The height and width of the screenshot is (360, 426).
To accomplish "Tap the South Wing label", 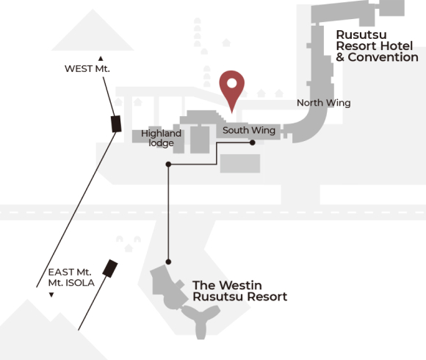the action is pos(249,131).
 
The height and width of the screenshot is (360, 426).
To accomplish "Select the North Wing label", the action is pos(324,103).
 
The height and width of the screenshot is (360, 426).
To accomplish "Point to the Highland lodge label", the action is pos(161,138).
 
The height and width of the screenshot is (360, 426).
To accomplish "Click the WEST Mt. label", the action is pos(87,69).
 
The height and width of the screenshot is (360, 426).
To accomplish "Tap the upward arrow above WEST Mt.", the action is pos(101,59).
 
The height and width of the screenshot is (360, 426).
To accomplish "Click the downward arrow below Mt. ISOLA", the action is pos(51,295).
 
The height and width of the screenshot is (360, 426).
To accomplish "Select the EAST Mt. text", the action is pos(70,272).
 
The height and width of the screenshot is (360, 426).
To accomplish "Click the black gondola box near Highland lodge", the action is pos(116,124).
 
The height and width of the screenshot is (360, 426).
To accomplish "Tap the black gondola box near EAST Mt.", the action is pos(110,268).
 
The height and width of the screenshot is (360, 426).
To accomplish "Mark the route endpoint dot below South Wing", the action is pos(253,143).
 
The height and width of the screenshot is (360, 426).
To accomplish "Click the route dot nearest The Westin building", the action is pos(168,262).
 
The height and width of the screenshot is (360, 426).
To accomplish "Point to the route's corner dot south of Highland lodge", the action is pos(168,165).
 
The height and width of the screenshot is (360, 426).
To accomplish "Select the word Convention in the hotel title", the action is pos(383,57).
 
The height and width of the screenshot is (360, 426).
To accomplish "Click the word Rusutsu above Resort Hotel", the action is pos(361,35).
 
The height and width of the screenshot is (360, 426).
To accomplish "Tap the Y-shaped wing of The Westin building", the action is pos(201,320).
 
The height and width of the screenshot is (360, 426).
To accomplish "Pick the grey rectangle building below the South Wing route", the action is pos(240,164).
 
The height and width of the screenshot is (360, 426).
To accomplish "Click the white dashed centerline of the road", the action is pos(213,212).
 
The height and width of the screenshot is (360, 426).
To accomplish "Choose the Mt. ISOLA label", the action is pos(71,283).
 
